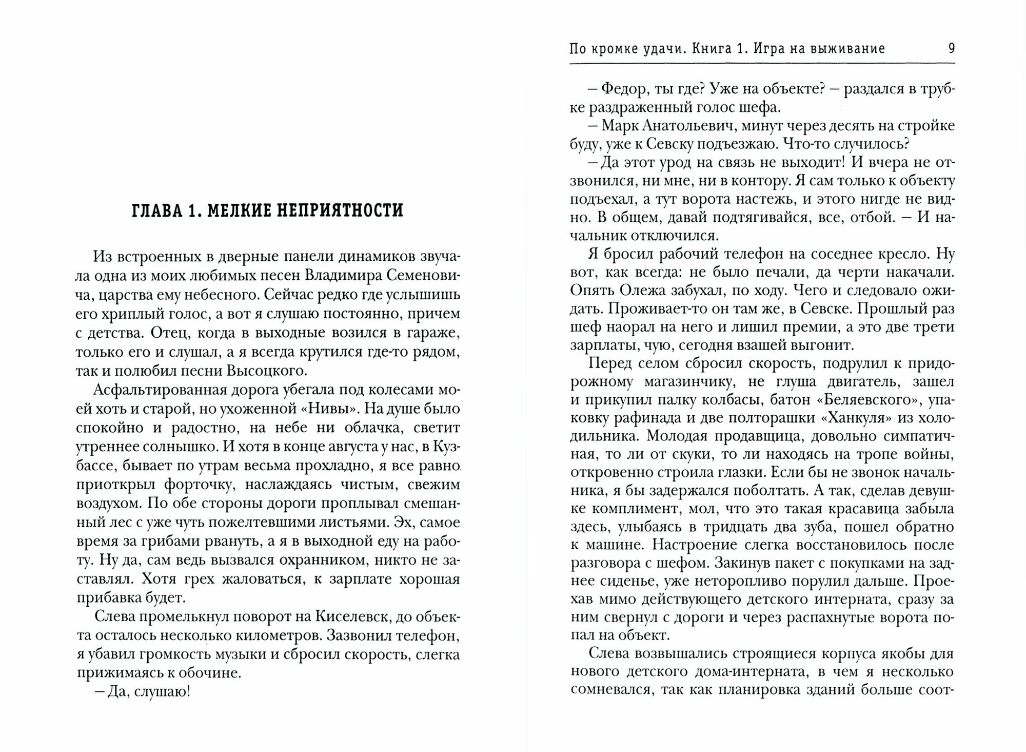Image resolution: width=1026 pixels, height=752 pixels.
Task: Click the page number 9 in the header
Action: click(951, 49)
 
